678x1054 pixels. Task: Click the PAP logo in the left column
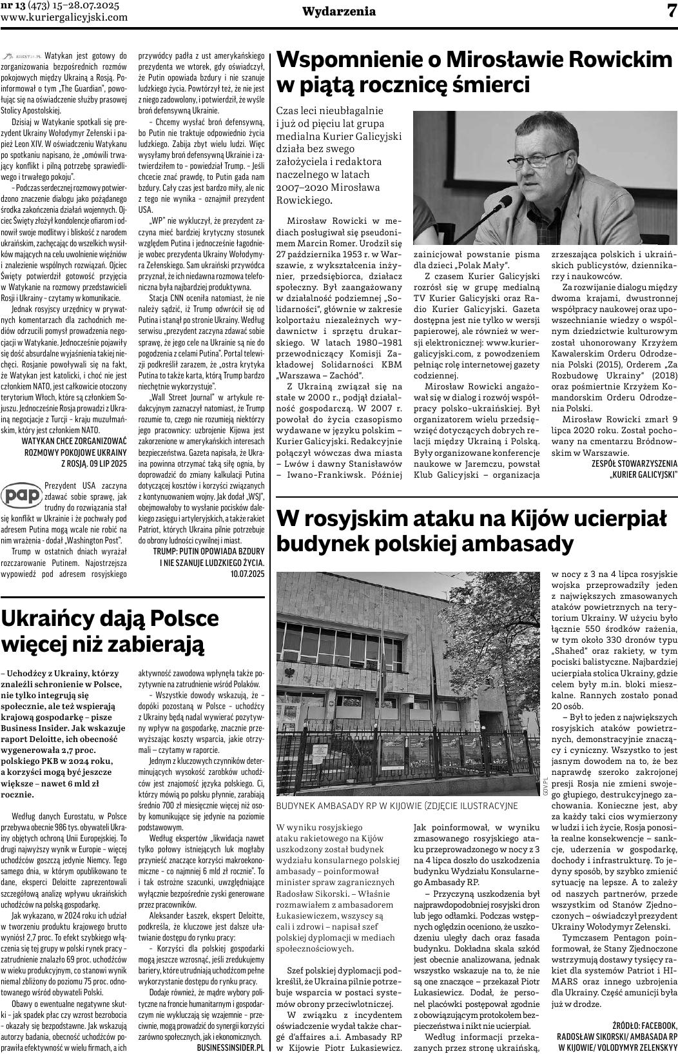tap(22, 496)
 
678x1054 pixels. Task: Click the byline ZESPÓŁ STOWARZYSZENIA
tap(634, 463)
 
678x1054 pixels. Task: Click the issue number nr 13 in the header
tap(12, 5)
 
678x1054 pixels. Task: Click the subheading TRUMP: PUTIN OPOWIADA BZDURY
tap(208, 552)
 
